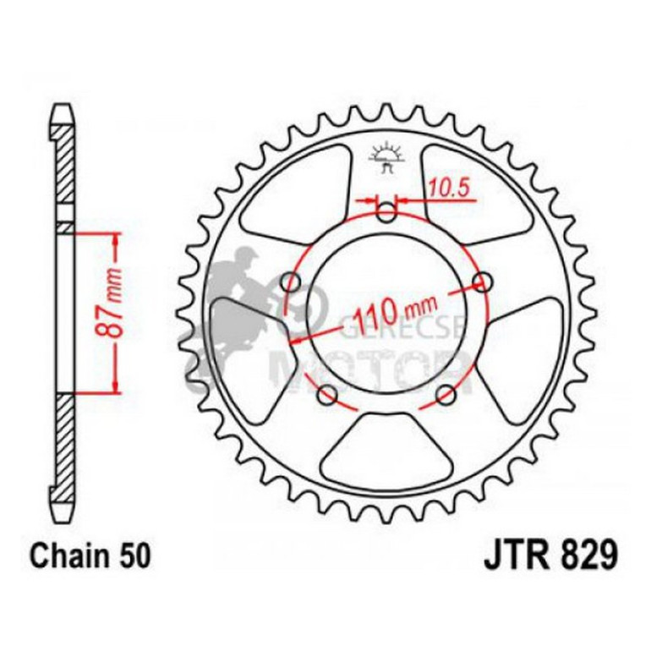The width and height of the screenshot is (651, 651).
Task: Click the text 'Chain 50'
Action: (x=91, y=556)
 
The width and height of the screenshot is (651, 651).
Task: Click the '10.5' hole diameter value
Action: (x=448, y=189)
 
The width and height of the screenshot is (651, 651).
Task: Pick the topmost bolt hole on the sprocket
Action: (x=386, y=212)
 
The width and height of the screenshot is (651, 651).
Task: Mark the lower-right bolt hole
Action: (x=446, y=395)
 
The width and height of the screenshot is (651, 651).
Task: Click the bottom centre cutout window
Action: (x=387, y=444)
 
